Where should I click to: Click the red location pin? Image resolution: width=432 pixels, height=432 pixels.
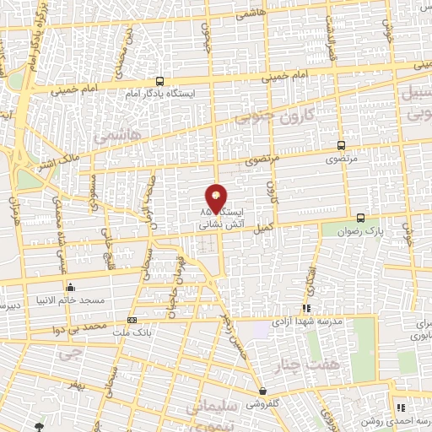(217, 197)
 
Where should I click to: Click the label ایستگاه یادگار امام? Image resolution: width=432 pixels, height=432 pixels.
(168, 94)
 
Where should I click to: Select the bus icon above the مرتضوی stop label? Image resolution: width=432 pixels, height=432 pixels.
(341, 145)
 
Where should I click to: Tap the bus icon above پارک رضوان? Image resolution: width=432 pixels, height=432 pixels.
(361, 217)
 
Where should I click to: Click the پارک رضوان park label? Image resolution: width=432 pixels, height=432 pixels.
(361, 229)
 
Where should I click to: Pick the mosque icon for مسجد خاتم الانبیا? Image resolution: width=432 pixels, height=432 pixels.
(70, 288)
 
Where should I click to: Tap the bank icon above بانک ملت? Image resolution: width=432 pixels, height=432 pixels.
(132, 321)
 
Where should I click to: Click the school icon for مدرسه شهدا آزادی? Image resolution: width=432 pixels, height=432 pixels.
(307, 309)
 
